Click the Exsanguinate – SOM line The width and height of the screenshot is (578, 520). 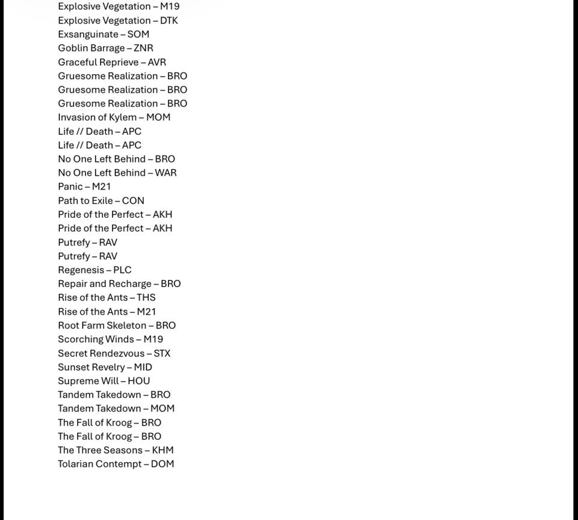[104, 34]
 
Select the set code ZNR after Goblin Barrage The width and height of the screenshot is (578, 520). [143, 48]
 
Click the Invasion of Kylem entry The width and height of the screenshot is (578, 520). [114, 117]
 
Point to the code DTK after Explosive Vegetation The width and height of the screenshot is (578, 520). [169, 20]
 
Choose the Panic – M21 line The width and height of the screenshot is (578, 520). [84, 187]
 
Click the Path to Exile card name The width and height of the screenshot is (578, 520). [85, 200]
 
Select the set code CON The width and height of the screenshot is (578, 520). [133, 200]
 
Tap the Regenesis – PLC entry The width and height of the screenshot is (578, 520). [95, 270]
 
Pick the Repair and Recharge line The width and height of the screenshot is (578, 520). [119, 283]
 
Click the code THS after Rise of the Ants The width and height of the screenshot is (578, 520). [146, 297]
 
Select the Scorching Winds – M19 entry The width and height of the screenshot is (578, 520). [110, 339]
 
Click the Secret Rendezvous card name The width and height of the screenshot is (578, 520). [101, 353]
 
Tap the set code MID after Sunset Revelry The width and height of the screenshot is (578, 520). [143, 367]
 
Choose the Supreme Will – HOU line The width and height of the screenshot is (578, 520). [104, 381]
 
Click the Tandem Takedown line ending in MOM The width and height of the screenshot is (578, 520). [116, 408]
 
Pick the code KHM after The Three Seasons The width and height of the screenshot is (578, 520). [163, 450]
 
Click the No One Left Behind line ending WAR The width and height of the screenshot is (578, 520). [117, 173]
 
